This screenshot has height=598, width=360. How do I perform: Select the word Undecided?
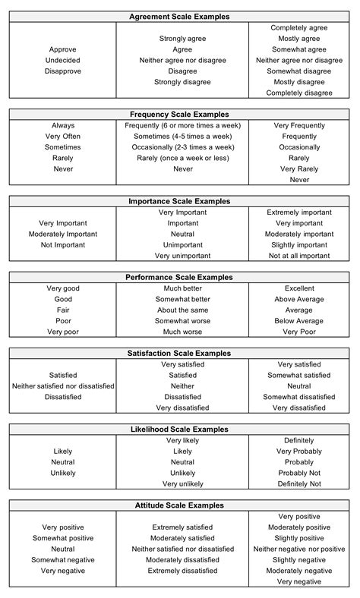coord(63,60)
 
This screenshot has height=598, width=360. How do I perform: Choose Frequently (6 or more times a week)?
coord(183,125)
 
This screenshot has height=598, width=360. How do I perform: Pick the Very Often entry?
coord(63,137)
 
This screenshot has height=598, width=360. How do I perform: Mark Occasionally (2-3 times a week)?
coord(183,147)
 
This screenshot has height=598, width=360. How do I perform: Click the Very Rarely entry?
coord(299,169)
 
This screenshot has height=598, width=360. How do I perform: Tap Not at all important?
coord(299,257)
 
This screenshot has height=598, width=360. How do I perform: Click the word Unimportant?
coord(183,245)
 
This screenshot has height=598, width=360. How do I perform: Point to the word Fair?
coord(63,310)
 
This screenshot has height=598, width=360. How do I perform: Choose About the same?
coord(183,310)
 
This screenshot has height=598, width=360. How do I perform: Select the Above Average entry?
coord(299,300)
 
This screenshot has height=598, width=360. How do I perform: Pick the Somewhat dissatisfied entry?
coord(299,397)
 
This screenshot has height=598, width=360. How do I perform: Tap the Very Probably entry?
coord(299,452)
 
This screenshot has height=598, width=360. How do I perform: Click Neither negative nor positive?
coord(299,549)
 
